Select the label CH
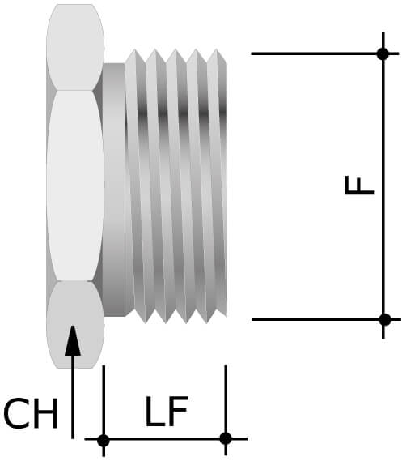tap(31, 415)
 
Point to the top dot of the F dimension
tap(383, 53)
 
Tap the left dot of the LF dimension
tap(104, 440)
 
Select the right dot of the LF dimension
tap(226, 439)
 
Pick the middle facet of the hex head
tap(74, 185)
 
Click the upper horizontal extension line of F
tap(315, 53)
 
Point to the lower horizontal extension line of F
tap(315, 319)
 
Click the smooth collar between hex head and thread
tap(114, 186)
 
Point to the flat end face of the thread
tap(224, 186)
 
